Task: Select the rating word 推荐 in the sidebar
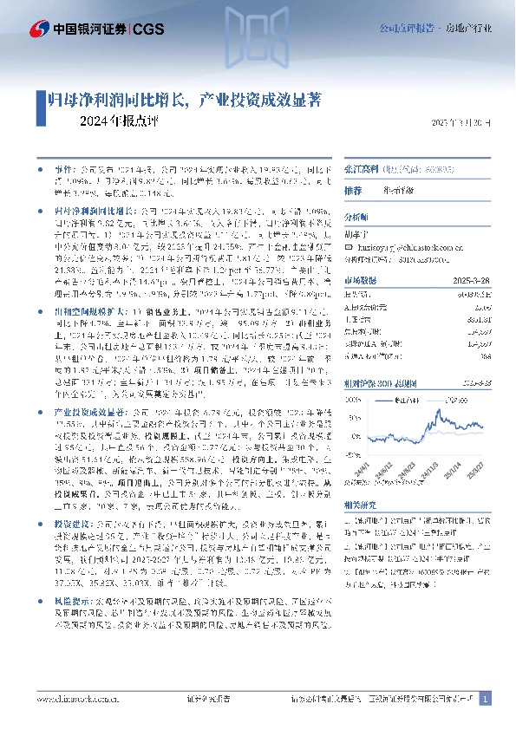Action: click(353, 190)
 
